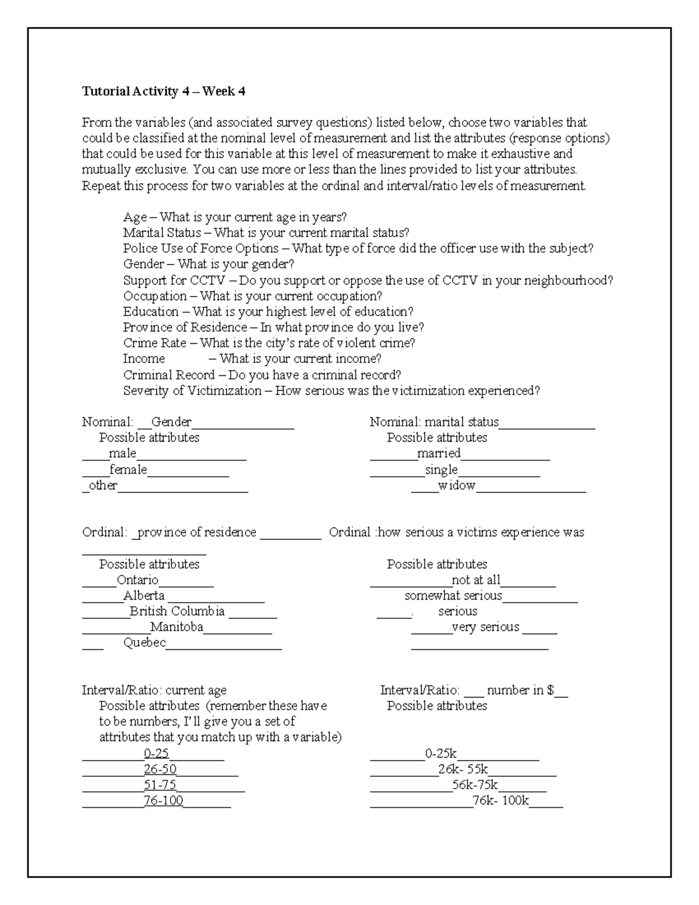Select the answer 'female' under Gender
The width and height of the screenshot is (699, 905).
[x=128, y=470]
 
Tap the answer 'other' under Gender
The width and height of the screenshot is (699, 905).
[x=103, y=485]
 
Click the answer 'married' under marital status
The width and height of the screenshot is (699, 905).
[x=439, y=453]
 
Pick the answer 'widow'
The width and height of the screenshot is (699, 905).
[x=457, y=485]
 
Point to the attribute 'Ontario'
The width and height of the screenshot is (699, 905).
[x=137, y=580]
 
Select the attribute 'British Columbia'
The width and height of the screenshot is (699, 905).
[x=177, y=611]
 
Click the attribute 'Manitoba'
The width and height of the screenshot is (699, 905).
[x=176, y=627]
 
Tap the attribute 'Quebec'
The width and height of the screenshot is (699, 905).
[x=144, y=643]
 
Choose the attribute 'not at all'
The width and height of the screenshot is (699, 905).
[x=475, y=580]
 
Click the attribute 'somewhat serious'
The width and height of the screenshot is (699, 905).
[x=453, y=596]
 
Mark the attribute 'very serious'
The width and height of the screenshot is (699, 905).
[x=485, y=627]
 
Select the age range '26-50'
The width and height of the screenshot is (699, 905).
[x=160, y=769]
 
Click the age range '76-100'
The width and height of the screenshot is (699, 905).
[x=164, y=801]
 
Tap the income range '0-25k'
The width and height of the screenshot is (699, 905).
[x=441, y=753]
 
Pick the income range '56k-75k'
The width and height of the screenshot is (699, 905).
[x=475, y=785]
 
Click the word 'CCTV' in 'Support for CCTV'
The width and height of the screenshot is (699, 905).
[x=203, y=280]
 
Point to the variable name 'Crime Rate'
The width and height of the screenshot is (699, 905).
[x=155, y=343]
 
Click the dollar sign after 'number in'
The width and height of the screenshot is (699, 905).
[x=550, y=691]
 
